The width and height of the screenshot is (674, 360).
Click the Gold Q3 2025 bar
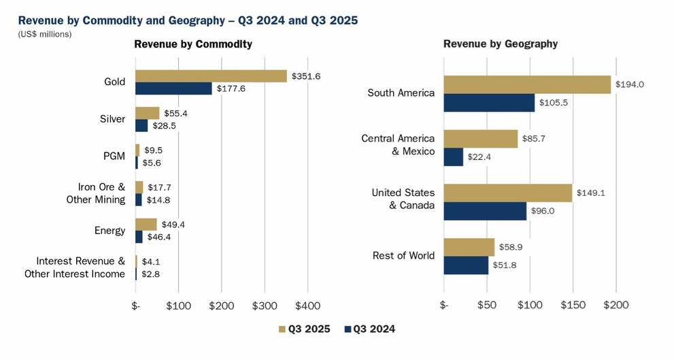(x=211, y=76)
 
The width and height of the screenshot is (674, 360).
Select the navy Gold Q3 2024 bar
(x=173, y=88)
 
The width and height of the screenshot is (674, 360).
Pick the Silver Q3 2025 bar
(x=148, y=113)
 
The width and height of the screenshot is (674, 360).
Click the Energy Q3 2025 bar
(x=146, y=225)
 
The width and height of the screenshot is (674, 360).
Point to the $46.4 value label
(x=159, y=237)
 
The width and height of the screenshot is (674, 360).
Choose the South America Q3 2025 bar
(x=527, y=84)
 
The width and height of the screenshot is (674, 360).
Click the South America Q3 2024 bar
(x=489, y=103)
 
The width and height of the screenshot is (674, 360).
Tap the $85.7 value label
(x=533, y=138)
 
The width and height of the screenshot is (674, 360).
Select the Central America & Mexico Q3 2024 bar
(x=453, y=157)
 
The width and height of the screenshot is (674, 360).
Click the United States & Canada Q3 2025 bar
(x=507, y=193)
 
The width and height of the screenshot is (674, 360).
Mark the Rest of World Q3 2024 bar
(x=466, y=265)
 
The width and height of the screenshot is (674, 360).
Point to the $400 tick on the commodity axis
(x=308, y=306)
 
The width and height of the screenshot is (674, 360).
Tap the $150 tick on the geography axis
(x=573, y=306)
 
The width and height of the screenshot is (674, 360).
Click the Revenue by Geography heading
(x=500, y=44)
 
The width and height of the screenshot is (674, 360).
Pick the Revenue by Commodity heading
(x=193, y=44)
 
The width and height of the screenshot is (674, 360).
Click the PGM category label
(x=114, y=156)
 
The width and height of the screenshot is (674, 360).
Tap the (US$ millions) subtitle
(x=44, y=34)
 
